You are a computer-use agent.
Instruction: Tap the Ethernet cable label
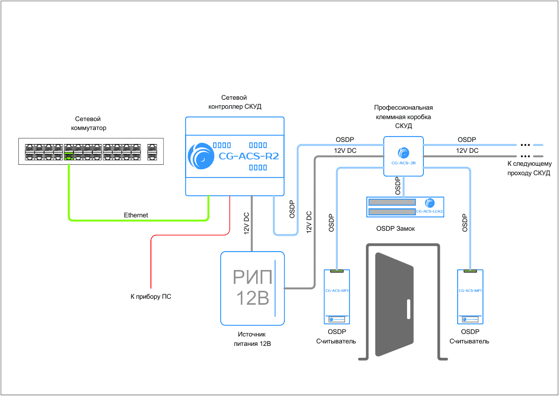coord(136,215)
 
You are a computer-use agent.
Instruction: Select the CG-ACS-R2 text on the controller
coord(249,156)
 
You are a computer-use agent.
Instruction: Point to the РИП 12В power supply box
coord(253,288)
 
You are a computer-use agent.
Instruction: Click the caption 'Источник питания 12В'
coord(252,339)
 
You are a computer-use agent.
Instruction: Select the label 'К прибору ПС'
coord(151,297)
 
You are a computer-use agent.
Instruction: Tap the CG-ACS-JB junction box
coord(403,156)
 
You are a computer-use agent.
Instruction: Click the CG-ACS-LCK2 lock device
coord(405,207)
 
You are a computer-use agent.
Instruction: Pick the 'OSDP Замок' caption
coord(396,229)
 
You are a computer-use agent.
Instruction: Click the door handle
coord(408,309)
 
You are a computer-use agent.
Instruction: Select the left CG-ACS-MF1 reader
coord(337,297)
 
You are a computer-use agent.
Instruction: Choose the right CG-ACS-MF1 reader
coord(470,297)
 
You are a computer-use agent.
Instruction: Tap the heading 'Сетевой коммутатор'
coord(88,124)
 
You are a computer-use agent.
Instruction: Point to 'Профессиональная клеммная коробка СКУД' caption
coord(403,117)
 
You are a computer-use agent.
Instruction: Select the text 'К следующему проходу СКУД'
coord(529,168)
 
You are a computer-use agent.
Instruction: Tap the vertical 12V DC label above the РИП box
coord(247,224)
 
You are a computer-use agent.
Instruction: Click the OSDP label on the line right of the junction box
coord(467,139)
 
